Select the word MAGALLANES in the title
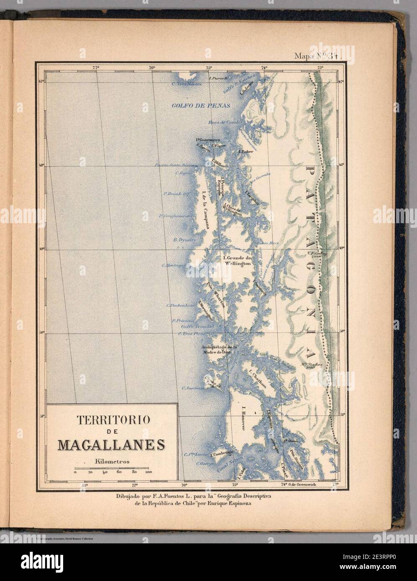point(111,444)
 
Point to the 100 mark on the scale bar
point(148,472)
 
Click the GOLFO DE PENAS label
point(201,106)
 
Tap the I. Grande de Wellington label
point(237,261)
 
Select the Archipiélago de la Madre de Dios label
point(219,349)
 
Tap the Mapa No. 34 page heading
point(318,55)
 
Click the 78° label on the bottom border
point(85,485)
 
